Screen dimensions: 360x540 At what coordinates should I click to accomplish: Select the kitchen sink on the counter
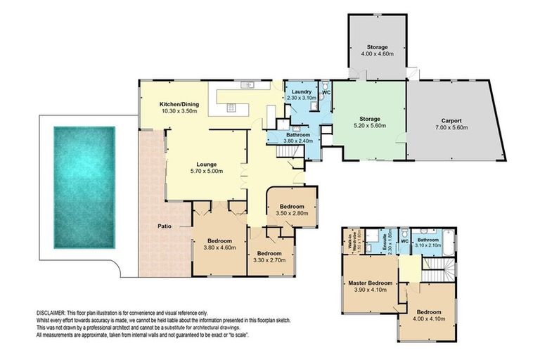click(247, 86)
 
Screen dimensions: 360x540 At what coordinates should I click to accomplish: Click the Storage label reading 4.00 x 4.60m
click(377, 53)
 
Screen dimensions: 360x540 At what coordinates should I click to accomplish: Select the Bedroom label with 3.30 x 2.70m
click(269, 257)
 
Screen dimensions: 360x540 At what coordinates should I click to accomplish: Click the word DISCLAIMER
click(51, 311)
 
